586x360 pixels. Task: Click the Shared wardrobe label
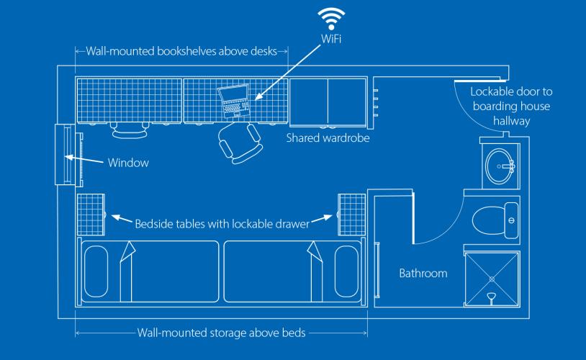coord(328,137)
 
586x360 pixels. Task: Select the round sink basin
coord(498,166)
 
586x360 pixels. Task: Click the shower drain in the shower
coord(492,277)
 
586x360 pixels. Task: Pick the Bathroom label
coord(423,274)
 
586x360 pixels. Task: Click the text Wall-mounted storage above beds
coord(222,333)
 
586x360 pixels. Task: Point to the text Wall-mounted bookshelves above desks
coord(181,52)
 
